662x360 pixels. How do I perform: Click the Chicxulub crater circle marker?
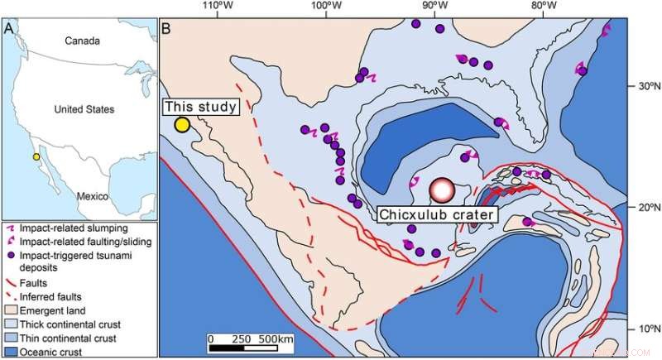pyautogui.click(x=443, y=190)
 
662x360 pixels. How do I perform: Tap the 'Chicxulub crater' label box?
pyautogui.click(x=438, y=214)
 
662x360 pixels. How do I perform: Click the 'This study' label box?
pyautogui.click(x=200, y=107)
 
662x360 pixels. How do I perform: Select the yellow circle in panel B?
pyautogui.click(x=182, y=125)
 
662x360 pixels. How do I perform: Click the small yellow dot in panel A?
pyautogui.click(x=36, y=156)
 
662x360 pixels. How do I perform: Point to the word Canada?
pyautogui.click(x=83, y=41)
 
